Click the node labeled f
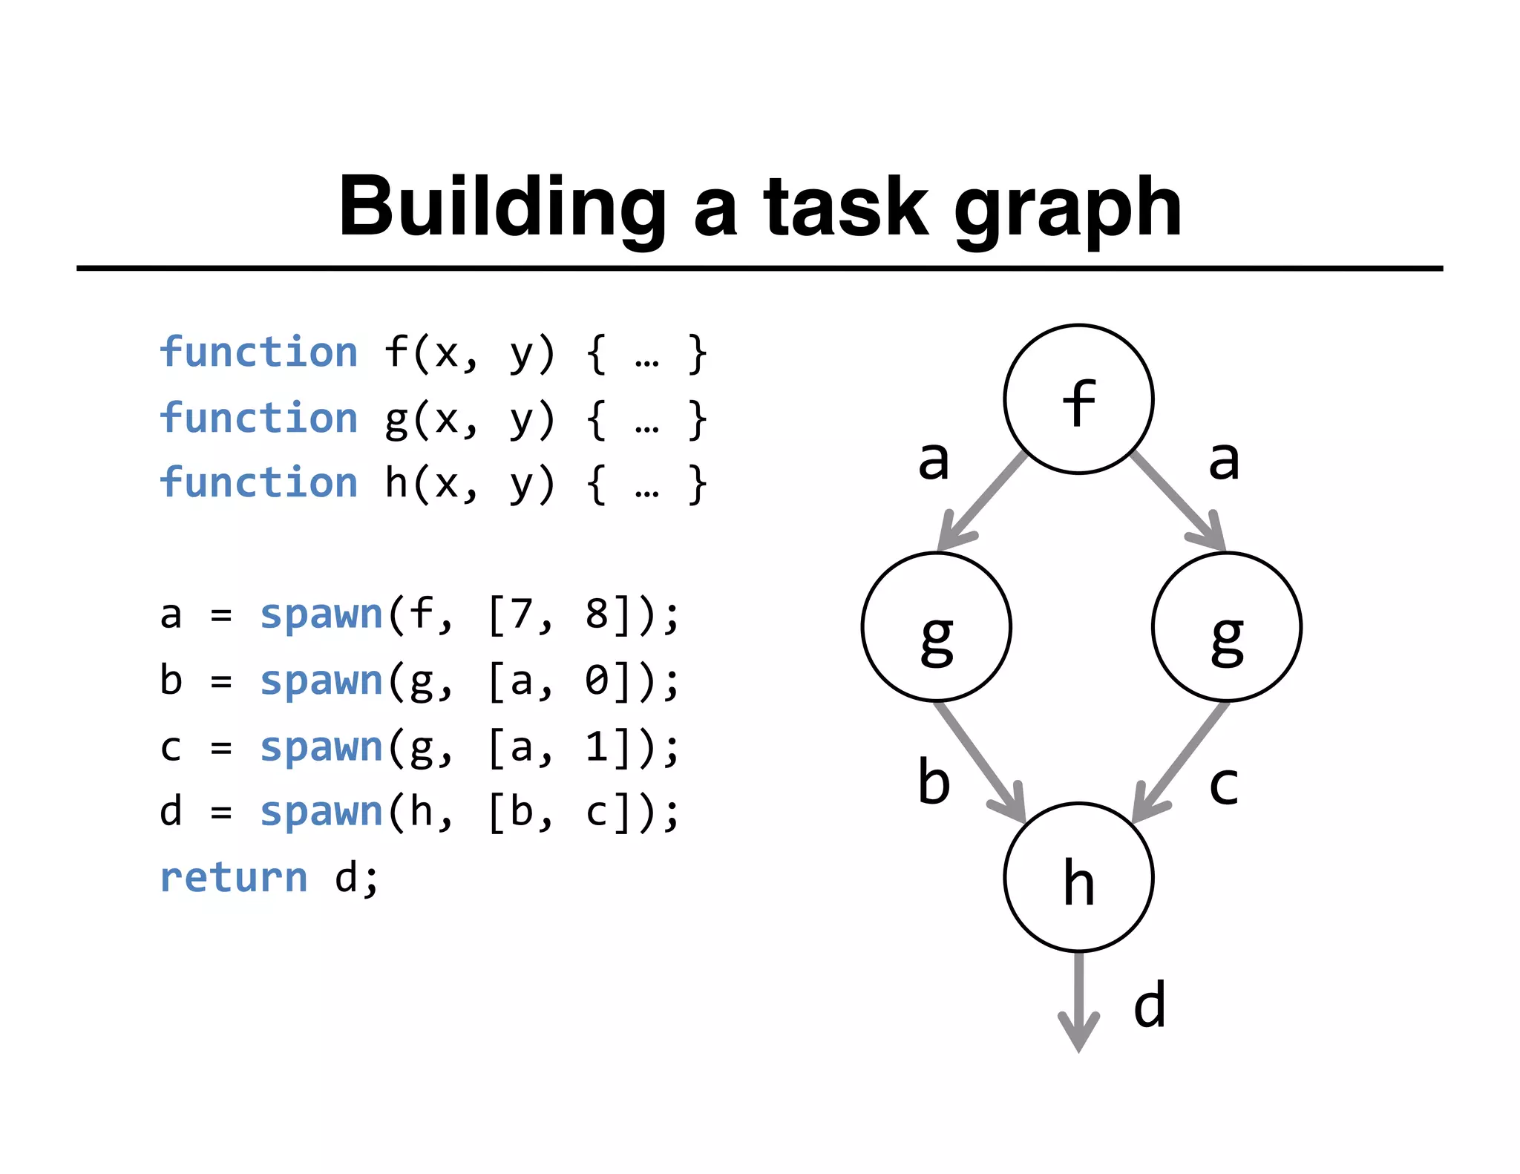(1078, 399)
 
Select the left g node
(936, 626)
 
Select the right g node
(1226, 626)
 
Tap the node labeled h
(1078, 876)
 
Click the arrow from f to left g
(983, 501)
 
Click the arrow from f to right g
(1177, 501)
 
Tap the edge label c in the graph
(1223, 785)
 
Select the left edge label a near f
(934, 459)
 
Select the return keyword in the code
(234, 877)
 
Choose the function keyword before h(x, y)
(258, 482)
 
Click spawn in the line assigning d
(321, 811)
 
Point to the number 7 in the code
(522, 614)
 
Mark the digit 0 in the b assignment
(597, 681)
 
